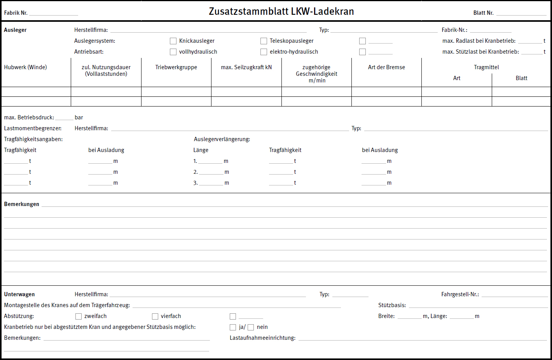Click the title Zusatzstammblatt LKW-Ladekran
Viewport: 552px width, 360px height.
281,12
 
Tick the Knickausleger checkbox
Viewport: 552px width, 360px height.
173,41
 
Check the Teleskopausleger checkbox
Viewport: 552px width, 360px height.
264,41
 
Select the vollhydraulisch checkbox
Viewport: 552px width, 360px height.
173,52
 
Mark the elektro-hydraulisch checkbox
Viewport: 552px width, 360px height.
264,52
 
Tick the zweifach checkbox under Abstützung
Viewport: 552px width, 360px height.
79,316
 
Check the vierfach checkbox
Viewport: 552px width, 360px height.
155,316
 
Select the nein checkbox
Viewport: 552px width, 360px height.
251,327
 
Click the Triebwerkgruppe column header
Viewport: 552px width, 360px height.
176,67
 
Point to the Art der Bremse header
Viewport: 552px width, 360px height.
386,67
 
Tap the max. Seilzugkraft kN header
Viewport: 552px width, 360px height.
246,67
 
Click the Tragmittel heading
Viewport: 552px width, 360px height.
486,67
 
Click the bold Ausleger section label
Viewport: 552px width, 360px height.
15,30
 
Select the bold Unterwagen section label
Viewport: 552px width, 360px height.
19,294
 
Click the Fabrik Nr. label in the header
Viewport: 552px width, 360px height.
16,13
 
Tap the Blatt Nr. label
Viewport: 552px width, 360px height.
483,13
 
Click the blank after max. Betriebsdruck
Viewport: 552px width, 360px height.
64,117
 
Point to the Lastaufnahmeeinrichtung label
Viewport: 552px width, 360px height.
262,338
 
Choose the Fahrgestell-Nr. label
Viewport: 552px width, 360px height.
460,294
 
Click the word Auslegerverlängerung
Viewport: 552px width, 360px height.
222,139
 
